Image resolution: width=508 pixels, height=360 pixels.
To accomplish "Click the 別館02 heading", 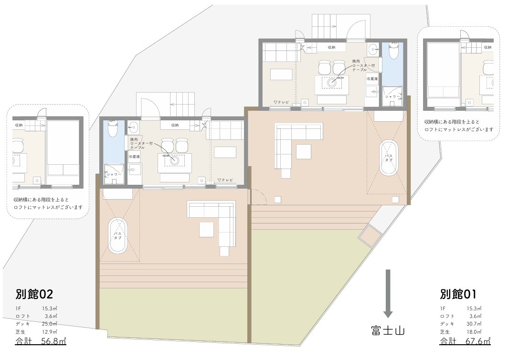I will [x=33, y=294].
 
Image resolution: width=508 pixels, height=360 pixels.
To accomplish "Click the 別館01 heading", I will [x=458, y=294].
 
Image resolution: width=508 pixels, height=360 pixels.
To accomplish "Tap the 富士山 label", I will [x=387, y=330].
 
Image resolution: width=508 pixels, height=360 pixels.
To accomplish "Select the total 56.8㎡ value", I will [x=53, y=341].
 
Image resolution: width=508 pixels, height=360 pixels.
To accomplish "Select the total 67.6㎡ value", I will [x=477, y=341].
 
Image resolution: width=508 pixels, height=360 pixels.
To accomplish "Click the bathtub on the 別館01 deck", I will [x=388, y=159].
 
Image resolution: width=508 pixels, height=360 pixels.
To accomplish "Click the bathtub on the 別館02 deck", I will [x=117, y=236].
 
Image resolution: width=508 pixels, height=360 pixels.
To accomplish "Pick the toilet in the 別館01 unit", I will [x=393, y=51].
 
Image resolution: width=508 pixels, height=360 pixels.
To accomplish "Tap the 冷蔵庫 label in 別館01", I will [x=372, y=78].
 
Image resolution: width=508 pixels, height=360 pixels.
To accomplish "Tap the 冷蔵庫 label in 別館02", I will [x=134, y=157].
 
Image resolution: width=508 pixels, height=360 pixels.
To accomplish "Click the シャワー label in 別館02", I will [x=115, y=175].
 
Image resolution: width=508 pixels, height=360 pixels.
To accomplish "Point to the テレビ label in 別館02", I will [x=225, y=180].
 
